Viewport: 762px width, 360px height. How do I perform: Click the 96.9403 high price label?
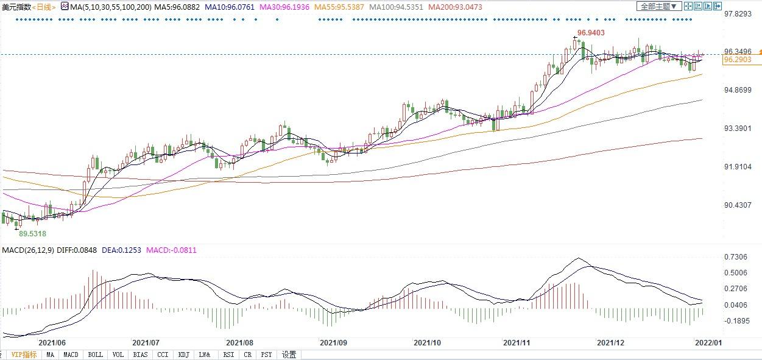[590, 32]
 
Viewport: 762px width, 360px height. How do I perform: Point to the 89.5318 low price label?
[32, 233]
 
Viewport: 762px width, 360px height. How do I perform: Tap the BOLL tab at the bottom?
[96, 355]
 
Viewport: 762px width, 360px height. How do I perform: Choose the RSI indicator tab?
[228, 355]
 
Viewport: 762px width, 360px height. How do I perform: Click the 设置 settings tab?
[289, 355]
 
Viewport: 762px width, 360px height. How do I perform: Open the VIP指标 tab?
[24, 355]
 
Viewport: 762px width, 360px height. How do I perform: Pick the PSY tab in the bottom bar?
[266, 355]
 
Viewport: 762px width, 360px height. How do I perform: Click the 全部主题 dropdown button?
[658, 6]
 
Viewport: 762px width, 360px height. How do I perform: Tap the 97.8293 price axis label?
[738, 14]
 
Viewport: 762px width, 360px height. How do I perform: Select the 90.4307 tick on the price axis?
[738, 205]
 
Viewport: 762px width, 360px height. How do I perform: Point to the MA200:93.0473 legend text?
[454, 7]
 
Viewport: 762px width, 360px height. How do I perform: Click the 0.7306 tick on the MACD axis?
[735, 256]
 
